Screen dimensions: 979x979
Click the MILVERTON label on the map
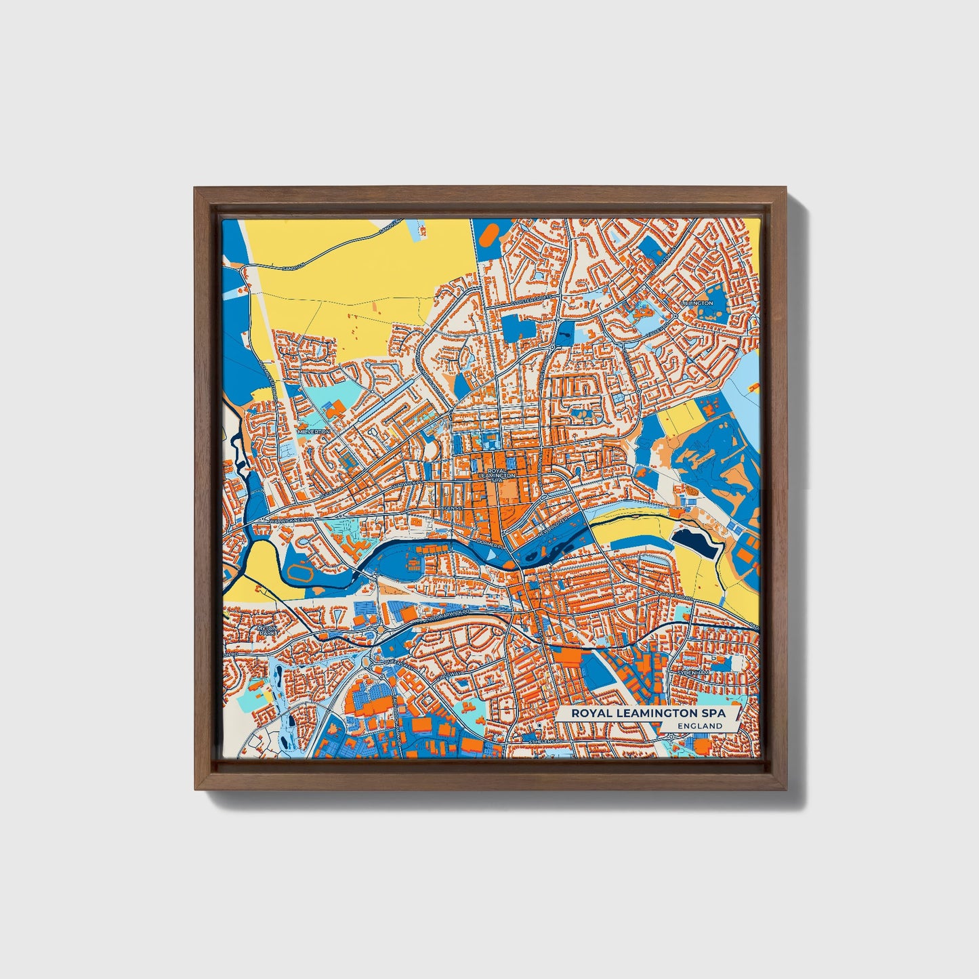314,431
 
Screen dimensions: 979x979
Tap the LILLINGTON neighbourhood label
698,303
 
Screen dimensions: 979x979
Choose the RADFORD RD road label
675,596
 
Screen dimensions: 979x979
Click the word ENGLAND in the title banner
700,726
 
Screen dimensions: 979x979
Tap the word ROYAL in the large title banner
593,713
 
